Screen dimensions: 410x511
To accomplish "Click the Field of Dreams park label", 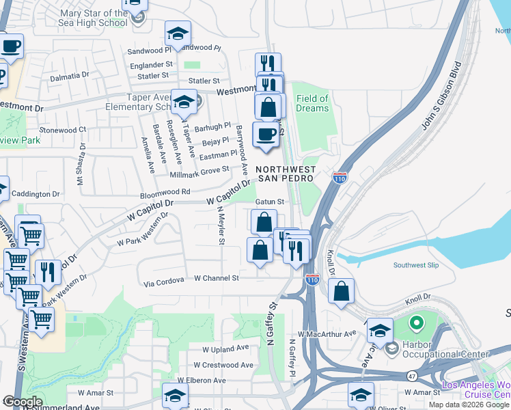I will point(312,103).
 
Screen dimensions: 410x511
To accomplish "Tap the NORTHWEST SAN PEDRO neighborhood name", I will point(286,174).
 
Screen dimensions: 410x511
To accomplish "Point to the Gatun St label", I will point(269,202).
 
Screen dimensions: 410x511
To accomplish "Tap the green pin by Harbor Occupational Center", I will point(415,322).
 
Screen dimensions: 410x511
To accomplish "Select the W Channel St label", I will point(217,278).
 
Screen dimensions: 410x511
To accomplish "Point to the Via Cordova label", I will point(164,280).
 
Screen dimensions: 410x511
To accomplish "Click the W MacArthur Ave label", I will point(332,333).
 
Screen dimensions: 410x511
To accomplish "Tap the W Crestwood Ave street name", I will point(223,365).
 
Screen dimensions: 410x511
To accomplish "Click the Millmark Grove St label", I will point(199,171).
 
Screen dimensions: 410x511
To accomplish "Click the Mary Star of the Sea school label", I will point(94,18).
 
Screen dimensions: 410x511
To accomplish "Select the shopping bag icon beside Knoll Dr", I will point(342,290).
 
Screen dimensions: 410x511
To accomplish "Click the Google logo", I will point(23,402).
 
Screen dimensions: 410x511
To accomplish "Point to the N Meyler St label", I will point(221,225).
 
